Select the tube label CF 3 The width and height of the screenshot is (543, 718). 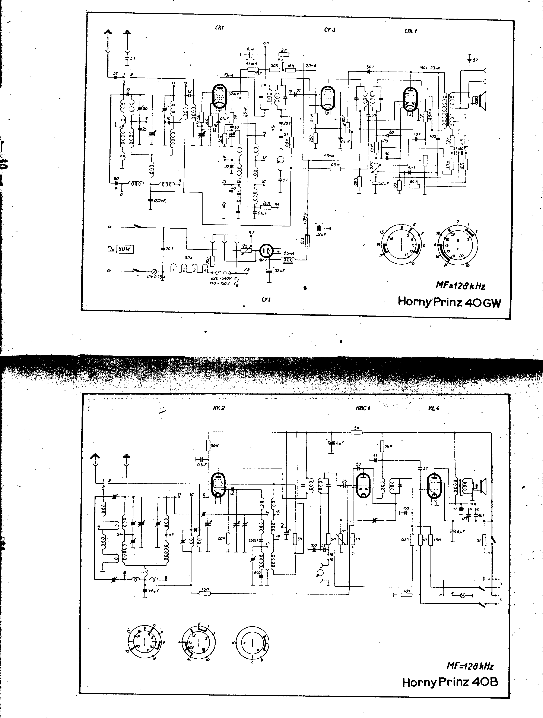coord(330,30)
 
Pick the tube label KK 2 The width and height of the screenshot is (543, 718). coord(219,408)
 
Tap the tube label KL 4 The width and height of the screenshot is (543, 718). coord(434,408)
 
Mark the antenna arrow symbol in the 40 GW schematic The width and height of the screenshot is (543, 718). coord(108,33)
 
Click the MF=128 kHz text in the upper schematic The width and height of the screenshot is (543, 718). coord(460,286)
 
